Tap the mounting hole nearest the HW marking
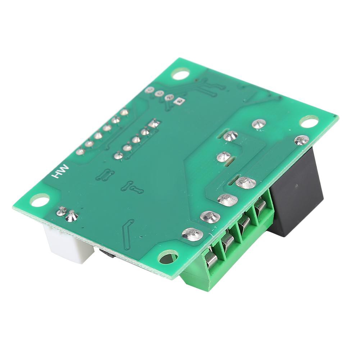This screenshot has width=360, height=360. pos(40,200)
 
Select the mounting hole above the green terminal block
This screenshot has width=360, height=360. pos(168,257)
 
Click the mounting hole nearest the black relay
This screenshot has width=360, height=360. pos(309,122)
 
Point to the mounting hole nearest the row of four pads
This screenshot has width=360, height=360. pos(180,74)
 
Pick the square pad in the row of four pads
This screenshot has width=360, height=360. pos(178,102)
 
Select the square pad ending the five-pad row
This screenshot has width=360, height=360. pos(154,123)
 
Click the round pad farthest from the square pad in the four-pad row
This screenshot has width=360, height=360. pos(150,90)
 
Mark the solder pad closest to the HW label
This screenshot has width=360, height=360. pos(80,152)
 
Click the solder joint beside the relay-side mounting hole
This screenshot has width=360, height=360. pos(301,140)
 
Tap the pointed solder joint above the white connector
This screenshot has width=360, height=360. pos(72,216)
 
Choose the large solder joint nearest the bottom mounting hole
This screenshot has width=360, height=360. pos(192,234)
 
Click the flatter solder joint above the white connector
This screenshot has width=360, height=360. pos(62,211)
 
